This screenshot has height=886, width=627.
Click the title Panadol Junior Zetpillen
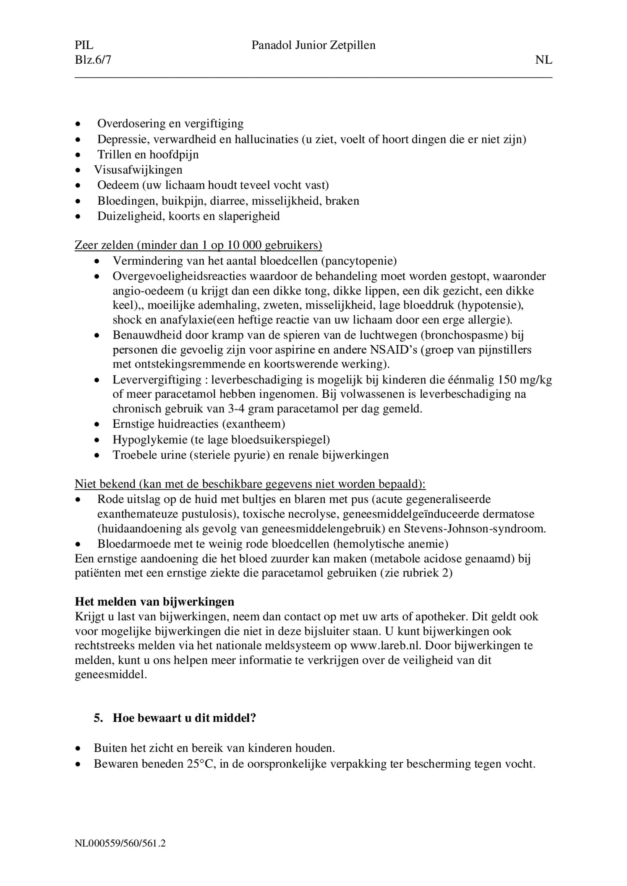[313, 45]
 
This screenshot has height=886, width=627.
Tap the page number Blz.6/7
[93, 60]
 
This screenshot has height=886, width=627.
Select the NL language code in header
[543, 60]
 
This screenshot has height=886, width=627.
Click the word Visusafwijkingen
[138, 170]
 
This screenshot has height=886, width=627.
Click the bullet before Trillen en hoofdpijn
[78, 155]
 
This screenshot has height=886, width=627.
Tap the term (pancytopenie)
[359, 261]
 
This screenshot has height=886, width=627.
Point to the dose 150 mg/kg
[525, 380]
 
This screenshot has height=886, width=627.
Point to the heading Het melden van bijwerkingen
[154, 602]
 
